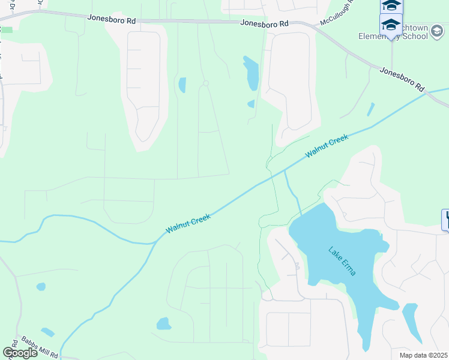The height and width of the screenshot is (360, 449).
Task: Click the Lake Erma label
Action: coord(342,261)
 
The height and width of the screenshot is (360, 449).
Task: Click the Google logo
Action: coord(20,352)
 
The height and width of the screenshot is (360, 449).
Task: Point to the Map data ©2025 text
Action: coord(423,355)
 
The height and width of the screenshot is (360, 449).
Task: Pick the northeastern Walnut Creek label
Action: coord(327,146)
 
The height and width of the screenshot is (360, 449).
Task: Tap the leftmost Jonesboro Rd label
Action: coord(112,19)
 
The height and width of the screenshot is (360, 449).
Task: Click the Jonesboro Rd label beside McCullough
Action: coord(264,23)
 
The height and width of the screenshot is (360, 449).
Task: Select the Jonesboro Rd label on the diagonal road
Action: coord(402,79)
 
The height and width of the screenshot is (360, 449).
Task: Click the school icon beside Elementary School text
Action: coord(391,25)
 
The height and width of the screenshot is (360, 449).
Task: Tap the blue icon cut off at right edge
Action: coord(445,220)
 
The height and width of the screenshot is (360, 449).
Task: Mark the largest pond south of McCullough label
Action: coord(252,73)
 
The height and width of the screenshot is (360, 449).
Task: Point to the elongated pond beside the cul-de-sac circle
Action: coord(182,85)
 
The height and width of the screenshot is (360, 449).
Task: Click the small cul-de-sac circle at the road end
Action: coord(205,83)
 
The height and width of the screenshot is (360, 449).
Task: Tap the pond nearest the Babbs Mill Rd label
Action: coord(47,332)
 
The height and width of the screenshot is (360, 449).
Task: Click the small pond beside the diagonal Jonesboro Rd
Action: coord(370,110)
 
